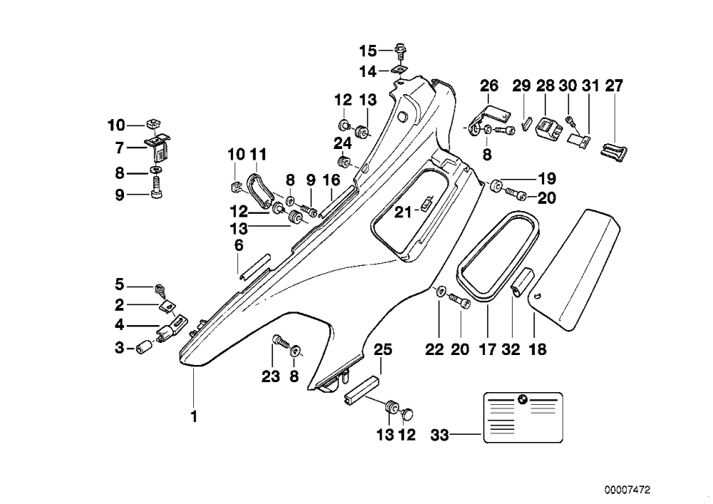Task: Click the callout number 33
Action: click(x=440, y=436)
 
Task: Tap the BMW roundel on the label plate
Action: click(x=523, y=399)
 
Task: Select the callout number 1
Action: click(x=194, y=416)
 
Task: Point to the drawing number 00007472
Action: click(x=627, y=490)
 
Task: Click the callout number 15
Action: click(x=369, y=51)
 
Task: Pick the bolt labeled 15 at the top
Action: click(x=401, y=51)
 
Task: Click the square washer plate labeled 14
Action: click(x=399, y=70)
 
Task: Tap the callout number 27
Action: click(x=615, y=86)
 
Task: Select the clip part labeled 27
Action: click(x=614, y=152)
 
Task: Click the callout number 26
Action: click(x=489, y=86)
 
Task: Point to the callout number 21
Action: click(x=402, y=212)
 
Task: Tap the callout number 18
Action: click(x=537, y=349)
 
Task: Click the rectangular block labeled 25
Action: click(x=361, y=389)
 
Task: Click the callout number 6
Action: click(x=239, y=245)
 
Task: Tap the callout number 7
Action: click(x=120, y=148)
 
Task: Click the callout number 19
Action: click(x=547, y=178)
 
